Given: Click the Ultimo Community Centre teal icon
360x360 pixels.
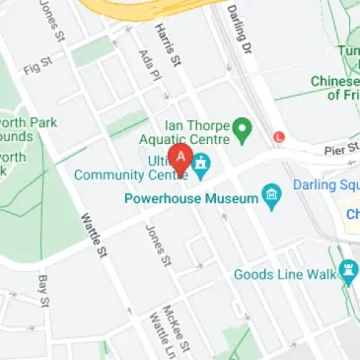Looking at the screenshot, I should click(201, 165).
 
